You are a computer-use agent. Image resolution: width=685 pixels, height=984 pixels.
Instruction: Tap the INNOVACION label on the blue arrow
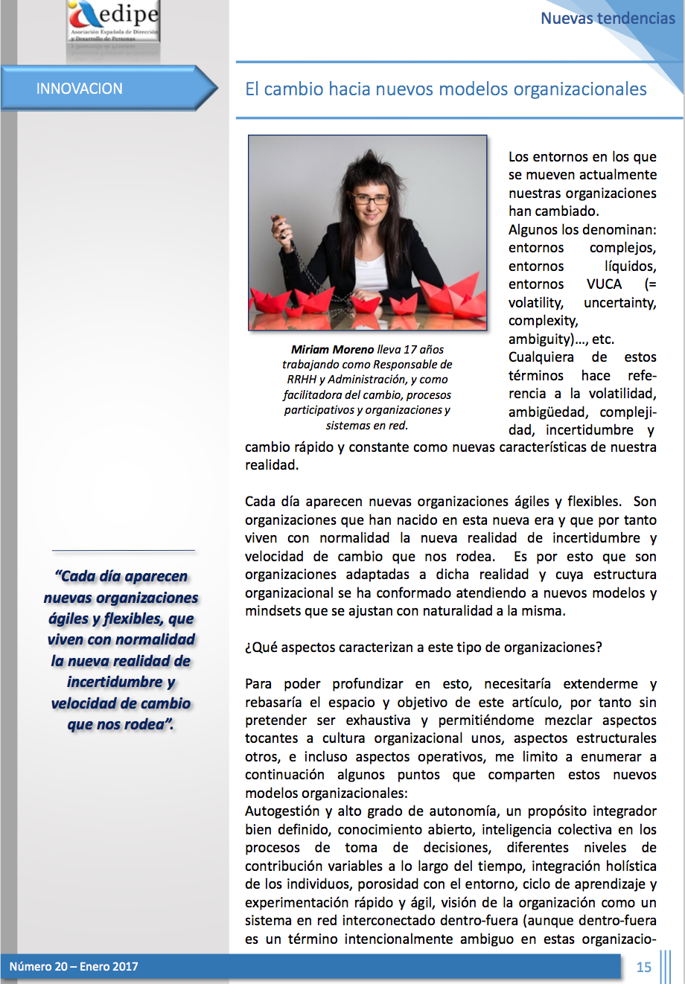(x=80, y=89)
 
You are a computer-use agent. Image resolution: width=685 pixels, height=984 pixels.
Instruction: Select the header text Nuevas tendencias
(x=608, y=19)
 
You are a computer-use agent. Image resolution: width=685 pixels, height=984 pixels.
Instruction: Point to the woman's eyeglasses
(x=371, y=199)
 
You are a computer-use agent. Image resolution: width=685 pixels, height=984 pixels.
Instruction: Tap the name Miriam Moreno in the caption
(x=333, y=349)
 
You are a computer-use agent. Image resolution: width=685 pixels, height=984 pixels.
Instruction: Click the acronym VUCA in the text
(x=604, y=284)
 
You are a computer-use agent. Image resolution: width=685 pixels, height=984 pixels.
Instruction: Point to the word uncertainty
(x=619, y=303)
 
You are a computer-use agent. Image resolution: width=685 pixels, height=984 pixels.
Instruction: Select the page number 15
(x=644, y=967)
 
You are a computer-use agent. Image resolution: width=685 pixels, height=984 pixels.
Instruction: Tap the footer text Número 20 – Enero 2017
(x=74, y=967)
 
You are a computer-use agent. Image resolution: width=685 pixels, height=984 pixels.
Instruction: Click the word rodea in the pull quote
(x=143, y=724)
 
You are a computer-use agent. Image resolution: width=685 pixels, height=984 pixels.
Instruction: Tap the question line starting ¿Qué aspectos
(x=423, y=648)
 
